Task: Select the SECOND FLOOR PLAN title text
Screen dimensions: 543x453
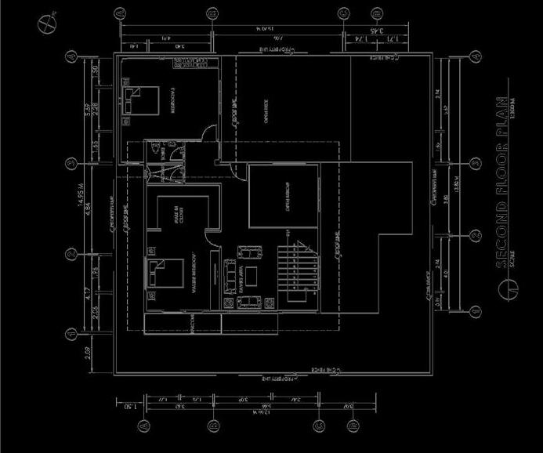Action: (501, 183)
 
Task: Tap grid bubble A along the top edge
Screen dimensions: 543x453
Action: (120, 13)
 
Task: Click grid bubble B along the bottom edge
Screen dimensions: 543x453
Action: (212, 426)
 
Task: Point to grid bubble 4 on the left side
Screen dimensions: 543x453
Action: (71, 57)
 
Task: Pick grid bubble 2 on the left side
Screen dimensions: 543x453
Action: (71, 254)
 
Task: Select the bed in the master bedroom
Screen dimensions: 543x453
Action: (165, 274)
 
